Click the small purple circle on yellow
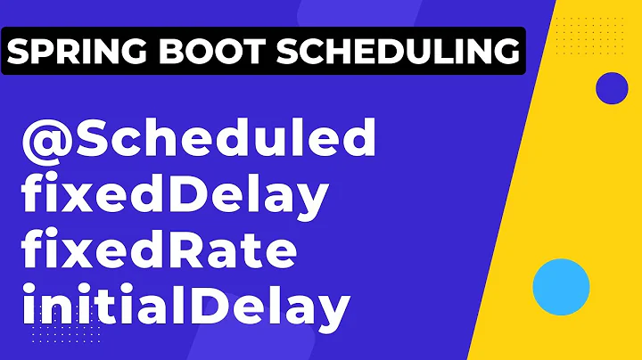(x=612, y=88)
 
